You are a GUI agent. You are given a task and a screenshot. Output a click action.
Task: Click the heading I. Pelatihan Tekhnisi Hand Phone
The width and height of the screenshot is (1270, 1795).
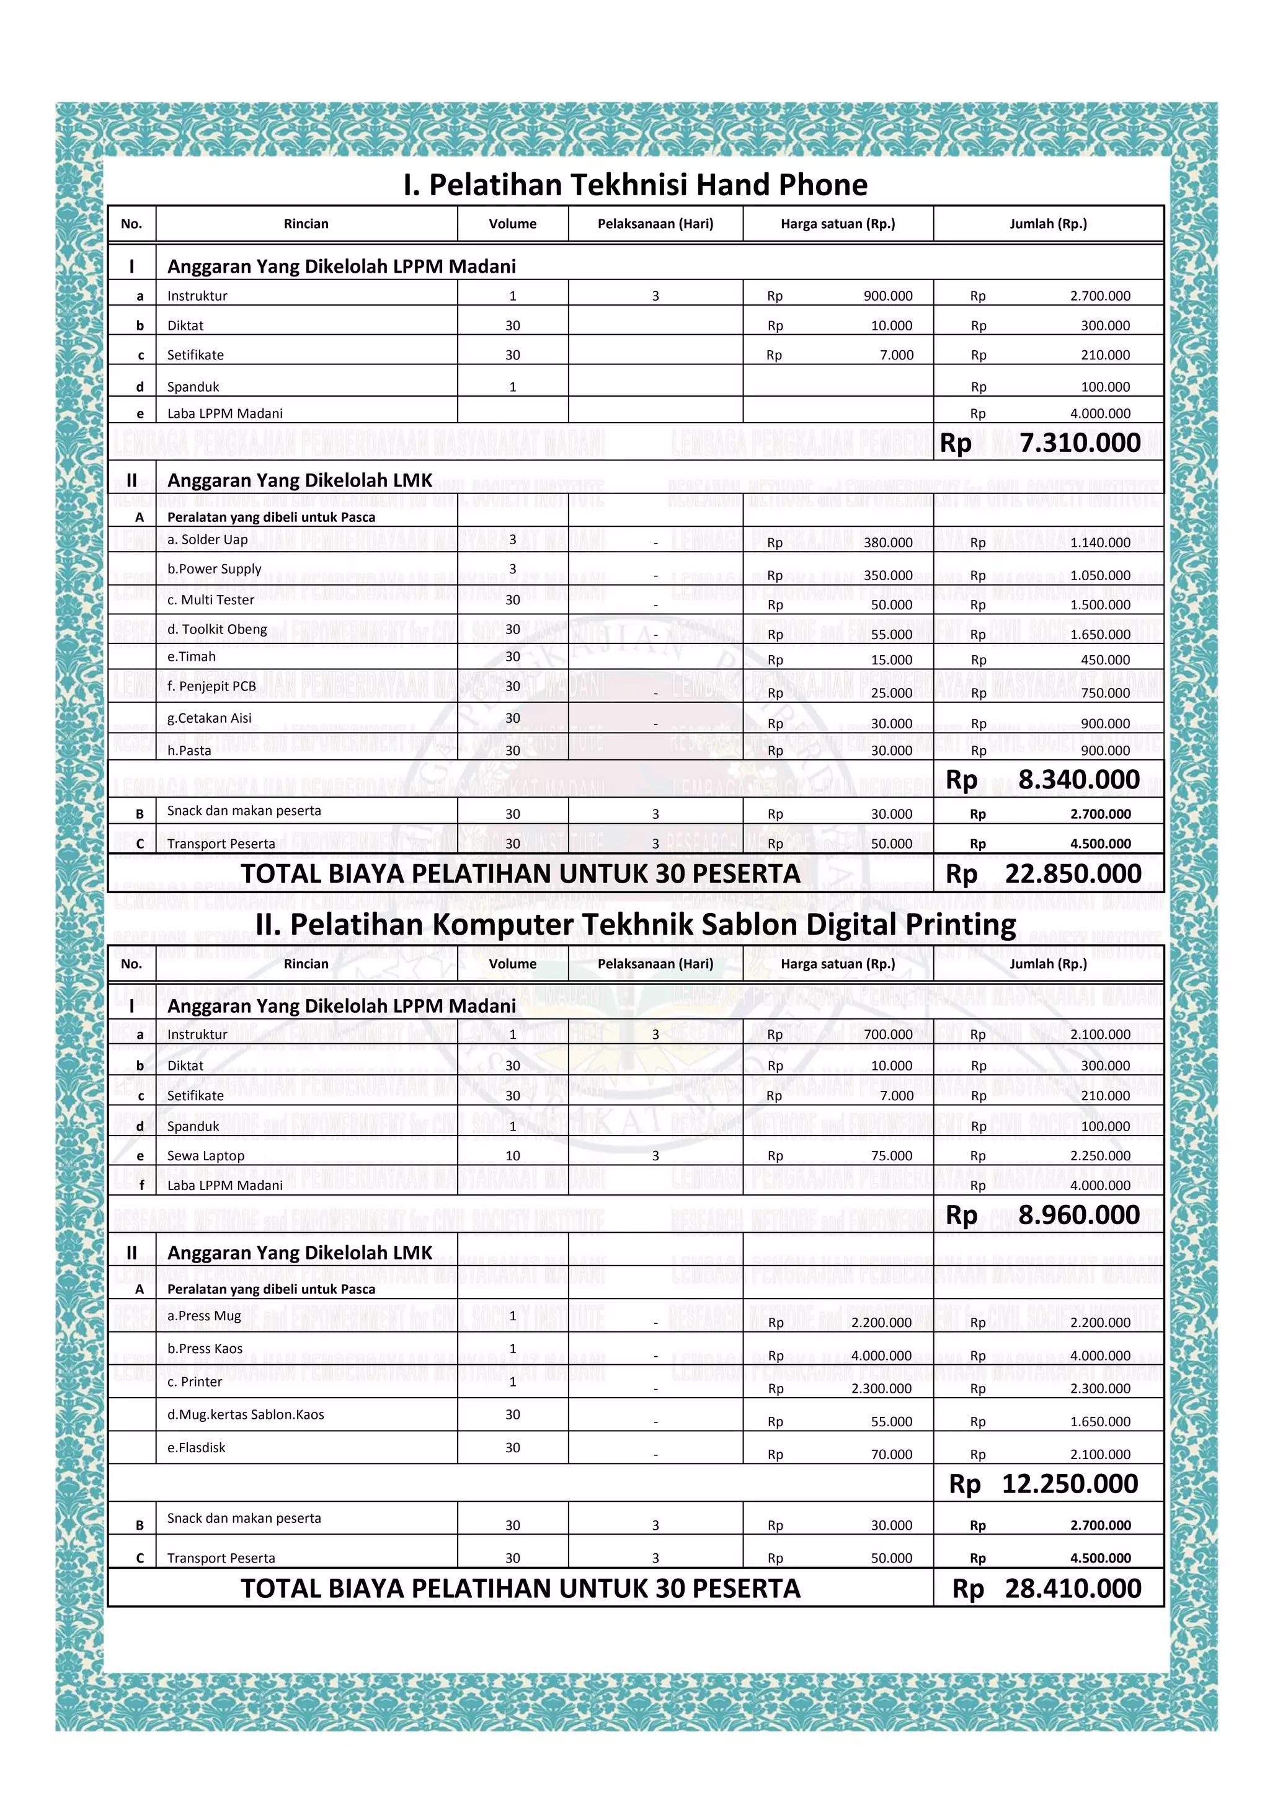coord(635,185)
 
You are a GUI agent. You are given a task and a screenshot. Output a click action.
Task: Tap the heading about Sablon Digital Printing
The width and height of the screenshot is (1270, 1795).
coord(635,924)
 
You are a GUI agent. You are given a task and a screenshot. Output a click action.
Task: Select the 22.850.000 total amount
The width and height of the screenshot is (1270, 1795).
coord(1072,873)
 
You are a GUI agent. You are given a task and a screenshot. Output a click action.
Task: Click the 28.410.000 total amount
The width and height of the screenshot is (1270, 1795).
coord(1072,1588)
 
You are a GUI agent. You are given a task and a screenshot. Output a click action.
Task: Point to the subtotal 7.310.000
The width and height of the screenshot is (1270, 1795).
coord(1079,443)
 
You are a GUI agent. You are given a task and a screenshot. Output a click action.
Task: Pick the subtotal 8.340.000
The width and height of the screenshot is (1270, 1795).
coord(1078,780)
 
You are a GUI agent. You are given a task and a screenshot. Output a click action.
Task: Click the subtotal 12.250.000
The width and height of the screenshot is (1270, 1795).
coord(1069,1483)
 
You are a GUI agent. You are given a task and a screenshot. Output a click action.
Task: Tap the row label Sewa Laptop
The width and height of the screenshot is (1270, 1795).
coord(206,1155)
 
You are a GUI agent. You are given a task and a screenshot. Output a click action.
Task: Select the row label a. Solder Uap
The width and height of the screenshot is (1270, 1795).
coord(207,539)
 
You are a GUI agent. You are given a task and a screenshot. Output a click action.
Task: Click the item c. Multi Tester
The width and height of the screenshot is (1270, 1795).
coord(210,599)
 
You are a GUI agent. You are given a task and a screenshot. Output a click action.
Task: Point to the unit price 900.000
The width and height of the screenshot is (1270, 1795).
coord(887,296)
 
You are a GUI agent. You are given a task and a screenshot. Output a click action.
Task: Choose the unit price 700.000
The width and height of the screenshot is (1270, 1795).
coord(887,1034)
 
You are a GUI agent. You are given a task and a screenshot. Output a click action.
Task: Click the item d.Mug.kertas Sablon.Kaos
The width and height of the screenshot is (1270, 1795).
coord(246,1414)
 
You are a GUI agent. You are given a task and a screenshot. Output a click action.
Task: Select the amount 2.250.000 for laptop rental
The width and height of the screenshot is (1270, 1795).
coord(1099,1155)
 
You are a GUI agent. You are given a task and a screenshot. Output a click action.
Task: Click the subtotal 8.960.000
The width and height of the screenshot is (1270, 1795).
coord(1078,1215)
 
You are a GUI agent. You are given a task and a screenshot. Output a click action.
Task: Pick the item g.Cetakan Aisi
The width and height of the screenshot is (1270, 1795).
coord(210,718)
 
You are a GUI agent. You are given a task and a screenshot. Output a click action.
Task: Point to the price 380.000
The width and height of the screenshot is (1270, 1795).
coord(887,542)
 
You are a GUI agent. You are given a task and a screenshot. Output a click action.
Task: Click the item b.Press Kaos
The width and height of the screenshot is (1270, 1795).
coord(205,1349)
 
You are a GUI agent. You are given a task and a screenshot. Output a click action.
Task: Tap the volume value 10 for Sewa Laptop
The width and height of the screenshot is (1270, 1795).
coord(512,1155)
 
